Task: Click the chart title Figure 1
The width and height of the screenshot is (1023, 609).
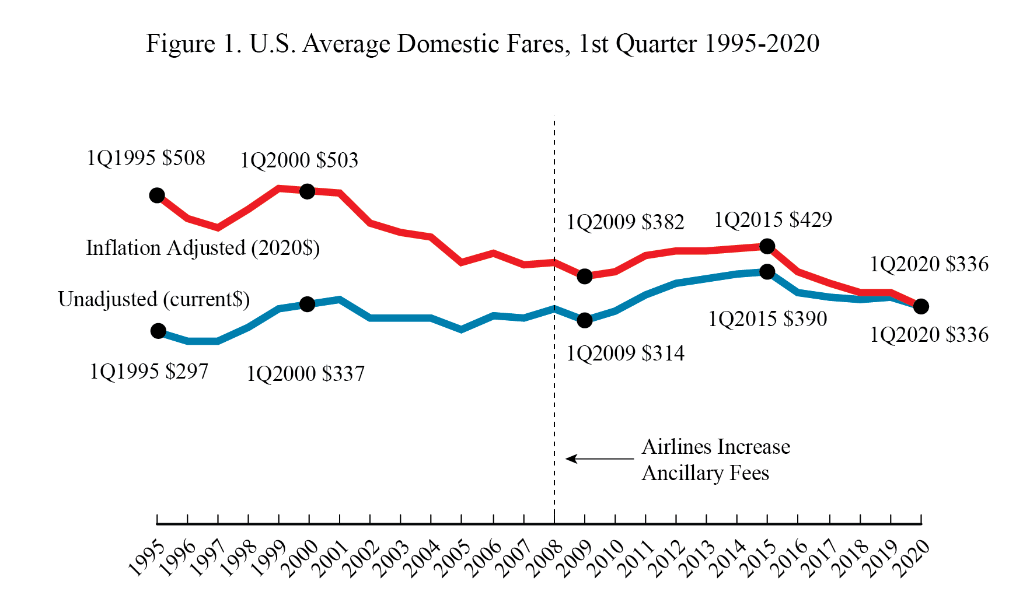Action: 482,44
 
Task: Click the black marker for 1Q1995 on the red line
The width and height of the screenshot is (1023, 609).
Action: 157,195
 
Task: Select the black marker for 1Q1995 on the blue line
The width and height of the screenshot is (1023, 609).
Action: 158,331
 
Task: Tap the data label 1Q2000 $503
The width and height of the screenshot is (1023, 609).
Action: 299,160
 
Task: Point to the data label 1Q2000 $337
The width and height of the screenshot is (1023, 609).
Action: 305,374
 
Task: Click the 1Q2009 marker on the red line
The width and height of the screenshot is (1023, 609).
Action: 585,276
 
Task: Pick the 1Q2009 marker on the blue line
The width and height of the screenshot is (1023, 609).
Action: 585,320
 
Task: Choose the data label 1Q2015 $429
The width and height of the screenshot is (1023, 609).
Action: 773,220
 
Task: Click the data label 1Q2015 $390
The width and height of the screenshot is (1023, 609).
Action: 767,319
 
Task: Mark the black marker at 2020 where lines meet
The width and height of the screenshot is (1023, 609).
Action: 921,306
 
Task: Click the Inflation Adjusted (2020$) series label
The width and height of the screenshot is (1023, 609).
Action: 202,248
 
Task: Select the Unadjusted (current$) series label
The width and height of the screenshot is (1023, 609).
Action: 154,299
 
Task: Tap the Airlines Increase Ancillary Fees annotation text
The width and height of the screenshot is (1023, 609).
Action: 715,460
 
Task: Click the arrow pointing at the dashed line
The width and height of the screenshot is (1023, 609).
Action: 598,459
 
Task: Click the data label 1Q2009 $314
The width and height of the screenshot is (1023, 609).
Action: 625,353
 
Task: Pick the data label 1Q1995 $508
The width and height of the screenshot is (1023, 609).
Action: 146,158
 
